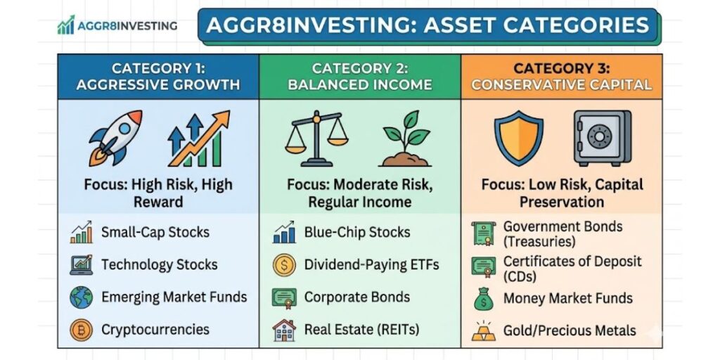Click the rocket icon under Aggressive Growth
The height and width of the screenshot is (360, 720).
[116, 136]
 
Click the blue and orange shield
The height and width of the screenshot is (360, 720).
[519, 136]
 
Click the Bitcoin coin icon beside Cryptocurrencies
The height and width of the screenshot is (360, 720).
[81, 330]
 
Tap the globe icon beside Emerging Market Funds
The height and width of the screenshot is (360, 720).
[81, 297]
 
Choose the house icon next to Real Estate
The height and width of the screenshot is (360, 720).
[283, 330]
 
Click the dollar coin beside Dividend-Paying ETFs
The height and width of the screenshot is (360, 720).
[283, 265]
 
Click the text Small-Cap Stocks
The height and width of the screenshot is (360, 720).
[155, 232]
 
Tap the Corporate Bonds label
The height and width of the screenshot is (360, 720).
[356, 297]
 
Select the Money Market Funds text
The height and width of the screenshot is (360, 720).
[567, 298]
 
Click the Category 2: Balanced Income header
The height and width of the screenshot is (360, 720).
[361, 77]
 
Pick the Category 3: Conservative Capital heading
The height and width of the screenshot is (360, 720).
[561, 77]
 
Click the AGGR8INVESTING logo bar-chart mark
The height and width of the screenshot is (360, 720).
[66, 27]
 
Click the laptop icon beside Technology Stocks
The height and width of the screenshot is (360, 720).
[81, 265]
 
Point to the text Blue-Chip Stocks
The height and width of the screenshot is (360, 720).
[356, 232]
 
